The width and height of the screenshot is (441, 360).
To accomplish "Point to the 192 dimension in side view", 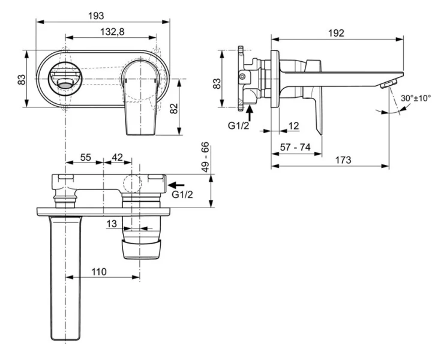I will (336, 33).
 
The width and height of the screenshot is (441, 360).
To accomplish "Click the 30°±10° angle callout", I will (416, 98).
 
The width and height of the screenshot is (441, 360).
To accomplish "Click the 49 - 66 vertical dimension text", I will (205, 158).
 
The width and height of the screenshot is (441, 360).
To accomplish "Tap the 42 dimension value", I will (117, 157).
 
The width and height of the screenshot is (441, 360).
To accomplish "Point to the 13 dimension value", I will (112, 223).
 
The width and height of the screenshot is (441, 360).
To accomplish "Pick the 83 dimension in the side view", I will (219, 83).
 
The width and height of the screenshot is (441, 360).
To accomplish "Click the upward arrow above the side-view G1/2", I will (250, 112).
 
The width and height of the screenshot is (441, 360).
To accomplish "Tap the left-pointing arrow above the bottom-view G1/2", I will (176, 185).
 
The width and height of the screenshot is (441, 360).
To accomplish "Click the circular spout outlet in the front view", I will (64, 80).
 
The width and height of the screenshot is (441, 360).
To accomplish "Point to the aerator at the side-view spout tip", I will (389, 83).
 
